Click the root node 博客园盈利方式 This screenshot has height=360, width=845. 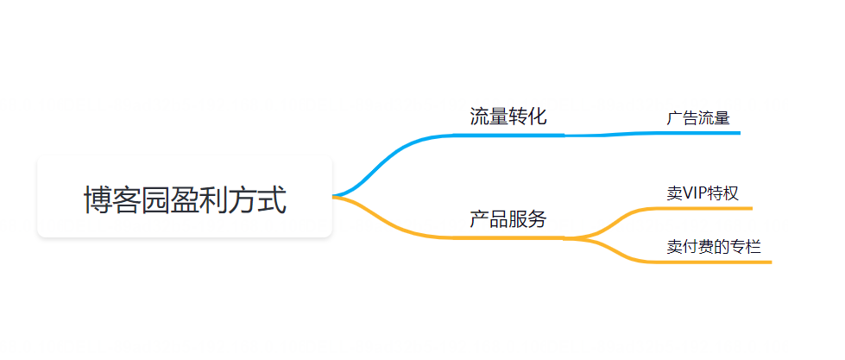[185, 199]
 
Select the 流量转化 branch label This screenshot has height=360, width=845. [508, 117]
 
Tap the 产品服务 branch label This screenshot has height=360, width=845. [508, 219]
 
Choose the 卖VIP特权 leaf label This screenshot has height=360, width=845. [703, 193]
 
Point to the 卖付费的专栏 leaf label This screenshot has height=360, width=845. [714, 246]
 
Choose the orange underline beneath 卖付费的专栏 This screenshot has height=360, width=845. [716, 261]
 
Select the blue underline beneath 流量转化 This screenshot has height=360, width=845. [509, 135]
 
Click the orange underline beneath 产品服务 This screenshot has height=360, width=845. [509, 237]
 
